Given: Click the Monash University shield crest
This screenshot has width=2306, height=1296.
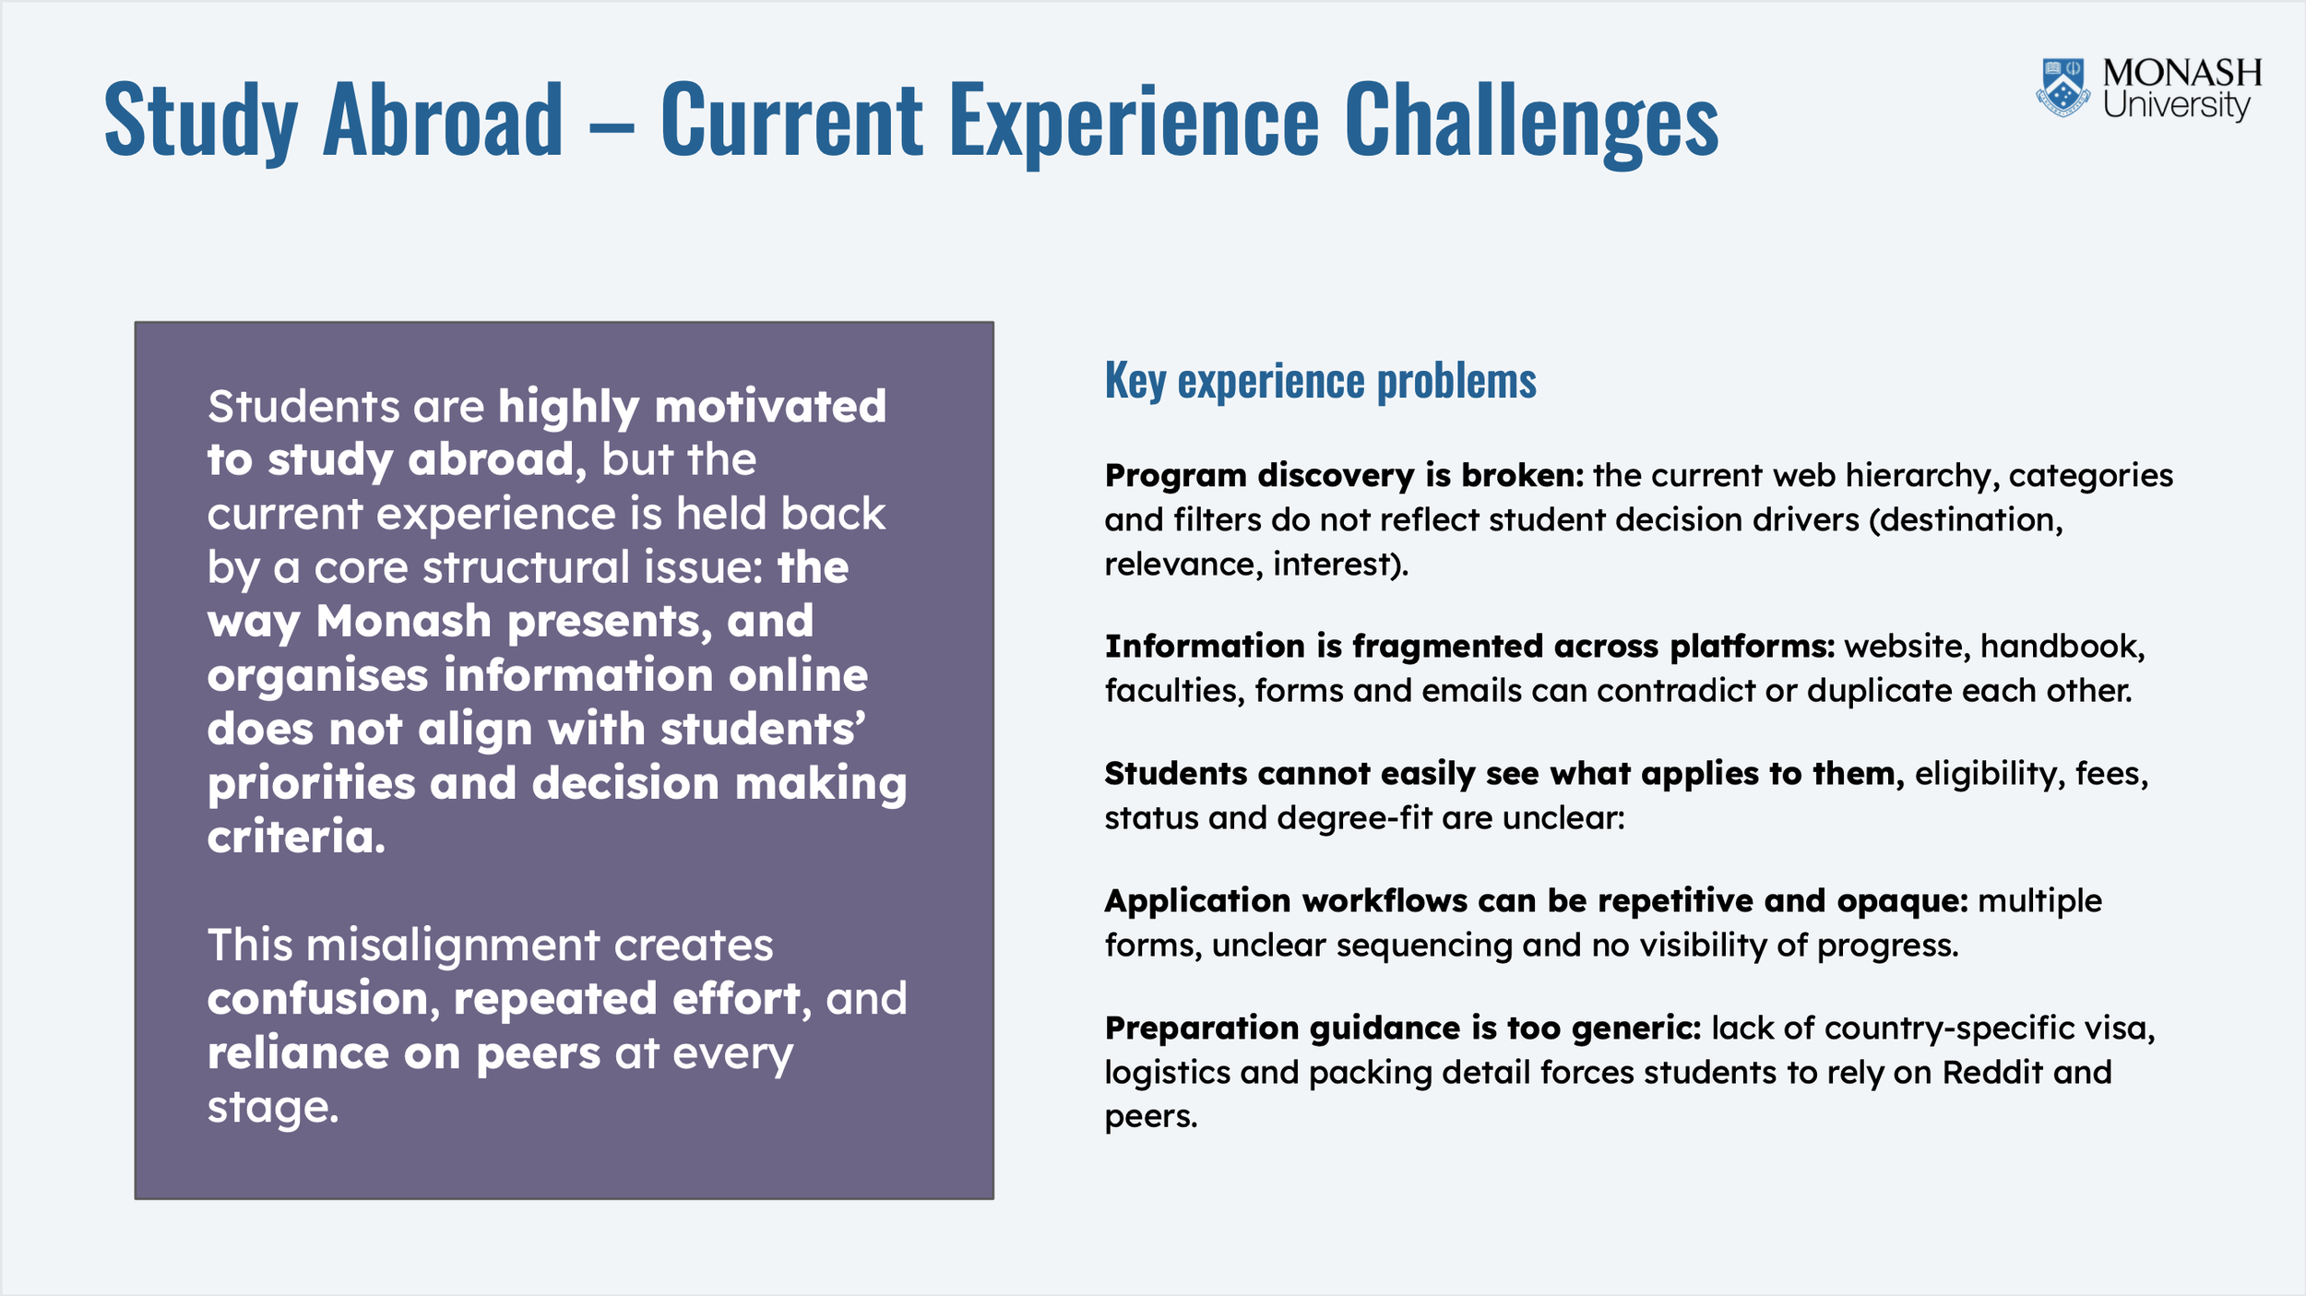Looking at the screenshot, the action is pyautogui.click(x=2063, y=88).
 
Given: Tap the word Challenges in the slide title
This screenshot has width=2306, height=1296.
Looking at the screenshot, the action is pyautogui.click(x=1531, y=119).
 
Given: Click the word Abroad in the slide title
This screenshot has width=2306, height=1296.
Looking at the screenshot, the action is pyautogui.click(x=443, y=119).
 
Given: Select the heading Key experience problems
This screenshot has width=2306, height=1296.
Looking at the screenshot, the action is pyautogui.click(x=1320, y=381).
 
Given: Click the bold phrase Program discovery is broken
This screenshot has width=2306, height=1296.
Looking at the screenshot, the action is pyautogui.click(x=1344, y=476).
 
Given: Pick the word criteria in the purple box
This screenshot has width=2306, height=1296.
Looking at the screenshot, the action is pyautogui.click(x=296, y=837).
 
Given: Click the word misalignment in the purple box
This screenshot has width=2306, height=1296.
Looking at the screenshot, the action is pyautogui.click(x=453, y=946).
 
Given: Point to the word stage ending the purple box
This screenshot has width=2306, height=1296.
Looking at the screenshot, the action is pyautogui.click(x=273, y=1107).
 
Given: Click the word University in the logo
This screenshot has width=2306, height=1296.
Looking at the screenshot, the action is pyautogui.click(x=2176, y=104).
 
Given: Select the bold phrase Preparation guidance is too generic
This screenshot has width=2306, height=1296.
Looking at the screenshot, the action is pyautogui.click(x=1403, y=1028).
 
